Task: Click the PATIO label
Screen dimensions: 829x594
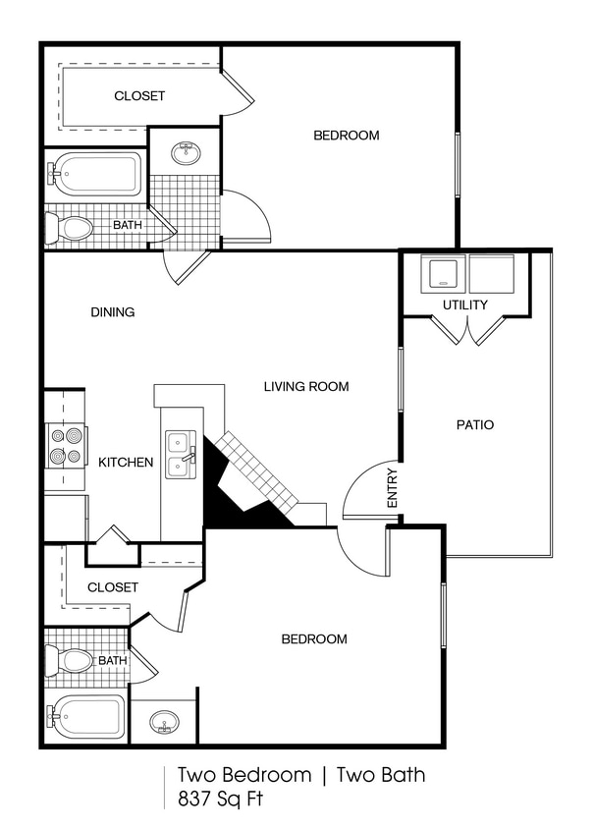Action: (474, 425)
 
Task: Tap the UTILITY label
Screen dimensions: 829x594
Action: (464, 304)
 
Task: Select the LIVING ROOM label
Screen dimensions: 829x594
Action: (306, 386)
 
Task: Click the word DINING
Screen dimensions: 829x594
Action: (113, 312)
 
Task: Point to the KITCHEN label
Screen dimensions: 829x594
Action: (126, 462)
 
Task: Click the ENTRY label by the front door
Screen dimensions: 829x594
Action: (393, 488)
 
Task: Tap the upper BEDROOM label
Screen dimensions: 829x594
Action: (346, 136)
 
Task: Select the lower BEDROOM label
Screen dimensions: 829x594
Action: (314, 638)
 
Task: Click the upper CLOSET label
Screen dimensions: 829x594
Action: (139, 96)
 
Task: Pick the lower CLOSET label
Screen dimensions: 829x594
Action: (113, 586)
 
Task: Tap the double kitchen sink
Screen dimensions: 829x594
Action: (180, 454)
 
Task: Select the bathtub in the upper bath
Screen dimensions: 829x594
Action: (95, 175)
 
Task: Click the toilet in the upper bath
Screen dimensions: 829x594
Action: (72, 229)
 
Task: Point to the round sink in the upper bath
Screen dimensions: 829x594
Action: (185, 152)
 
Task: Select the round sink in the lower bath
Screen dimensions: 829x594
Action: (164, 724)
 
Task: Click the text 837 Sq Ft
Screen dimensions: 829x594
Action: (221, 799)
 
